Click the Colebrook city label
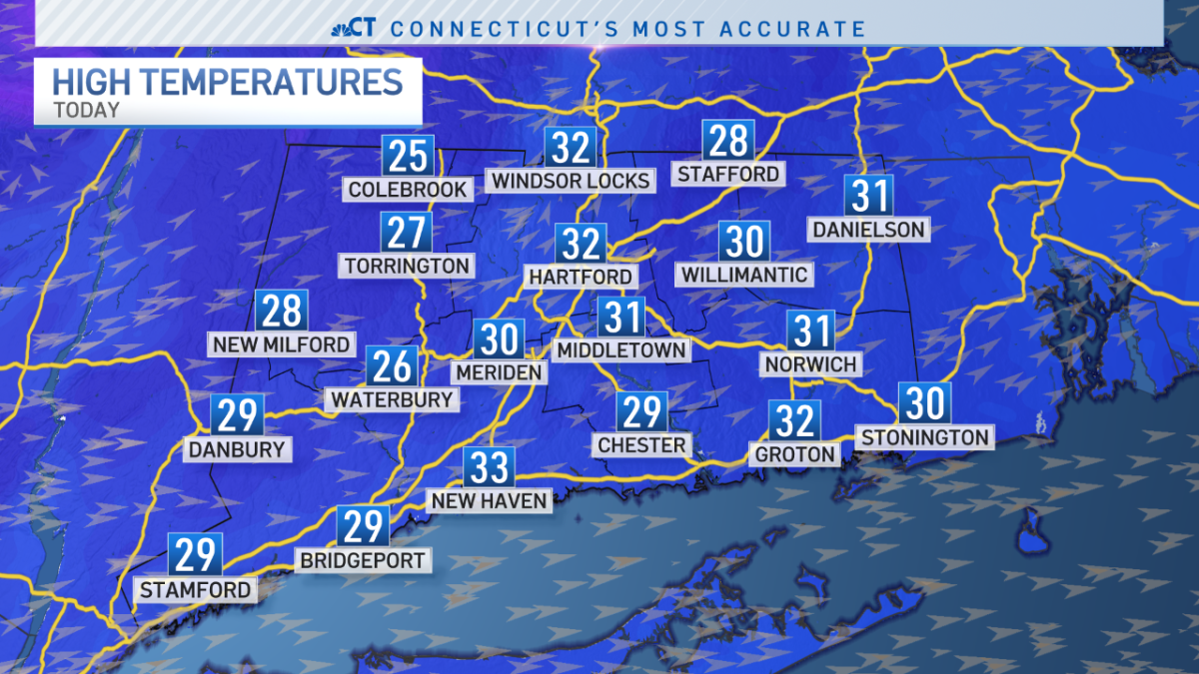click(408, 189)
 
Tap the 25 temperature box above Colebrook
click(408, 156)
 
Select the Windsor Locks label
click(571, 181)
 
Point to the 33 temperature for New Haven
click(488, 467)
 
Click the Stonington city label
click(924, 437)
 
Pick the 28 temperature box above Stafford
click(727, 141)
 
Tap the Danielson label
click(867, 230)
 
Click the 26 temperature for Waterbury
click(391, 366)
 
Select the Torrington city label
click(407, 266)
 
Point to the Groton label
click(795, 454)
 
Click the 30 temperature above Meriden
click(499, 339)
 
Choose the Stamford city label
click(195, 590)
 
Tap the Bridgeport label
click(364, 560)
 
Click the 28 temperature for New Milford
click(281, 311)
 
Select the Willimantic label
click(743, 274)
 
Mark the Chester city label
click(641, 444)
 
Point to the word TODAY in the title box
click(86, 110)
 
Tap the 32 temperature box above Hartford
click(581, 244)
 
